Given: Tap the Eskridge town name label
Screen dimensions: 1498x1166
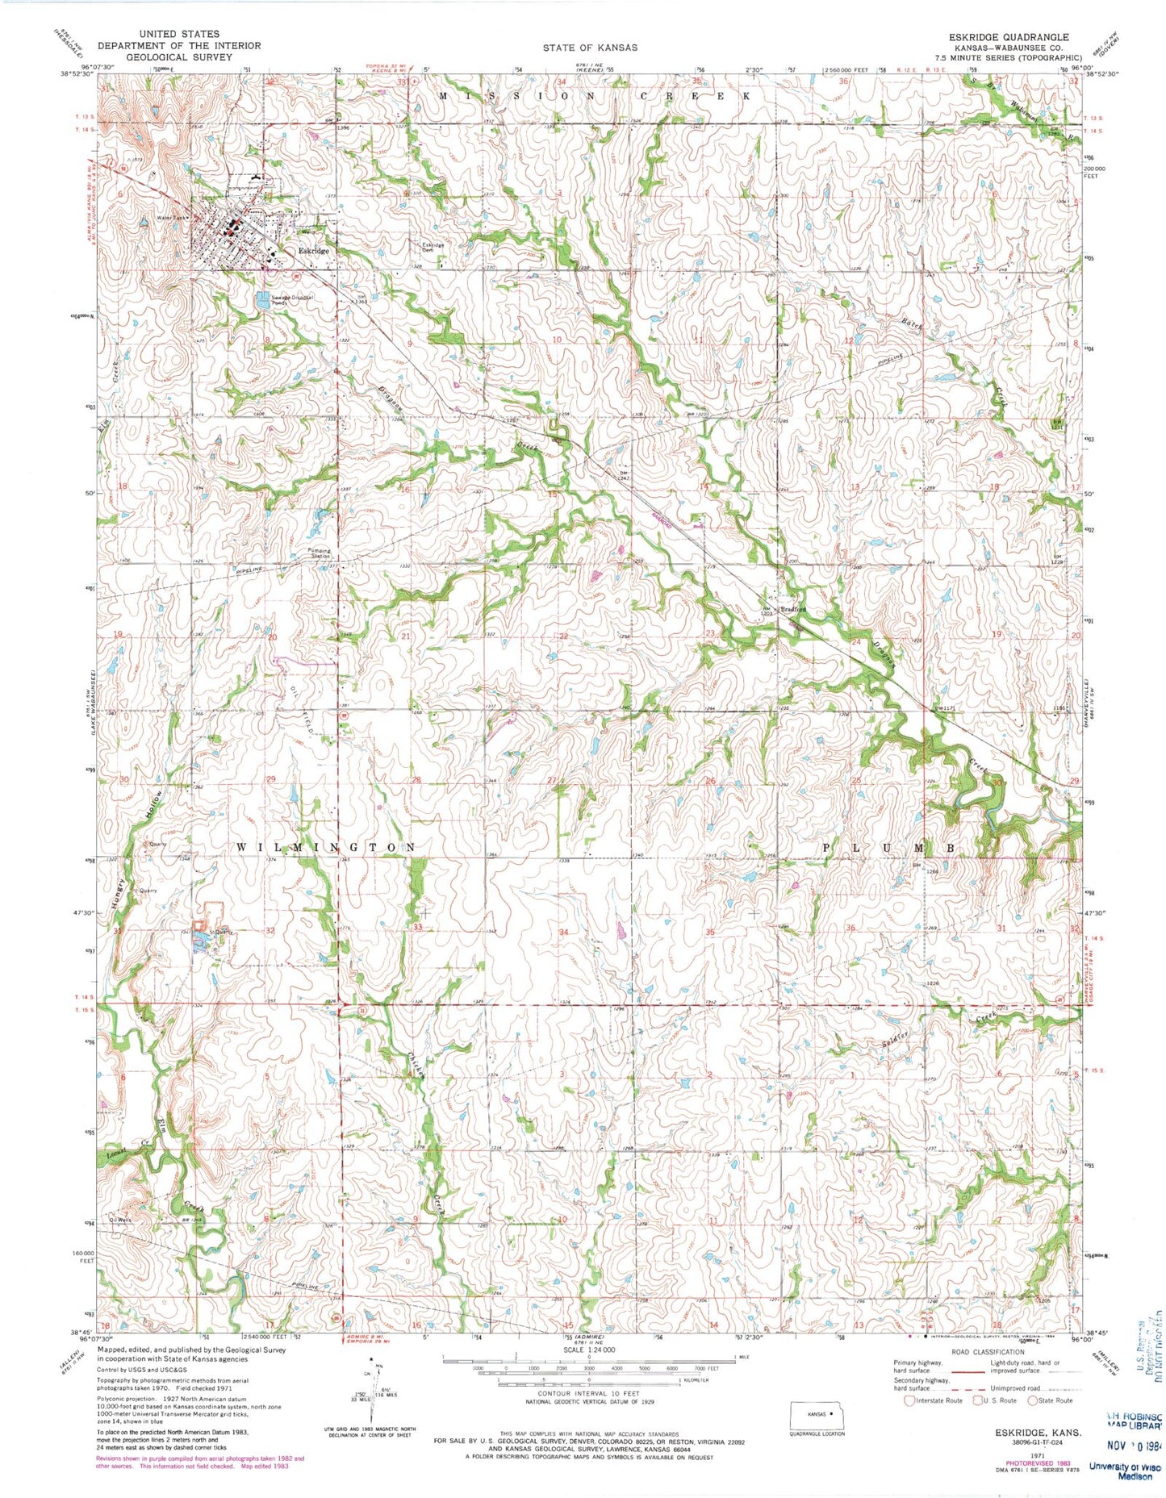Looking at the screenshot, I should pyautogui.click(x=313, y=252).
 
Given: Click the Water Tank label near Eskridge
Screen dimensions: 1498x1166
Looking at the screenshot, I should pyautogui.click(x=171, y=219).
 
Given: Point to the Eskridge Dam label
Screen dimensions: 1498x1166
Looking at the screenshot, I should pyautogui.click(x=433, y=248).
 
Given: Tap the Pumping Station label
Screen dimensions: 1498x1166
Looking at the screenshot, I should pyautogui.click(x=320, y=554).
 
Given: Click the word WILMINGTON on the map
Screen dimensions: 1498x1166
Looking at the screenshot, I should pyautogui.click(x=326, y=848).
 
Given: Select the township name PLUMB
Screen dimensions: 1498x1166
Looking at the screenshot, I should pyautogui.click(x=889, y=848).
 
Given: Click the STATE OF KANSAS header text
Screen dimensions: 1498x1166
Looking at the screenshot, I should pyautogui.click(x=589, y=48).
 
